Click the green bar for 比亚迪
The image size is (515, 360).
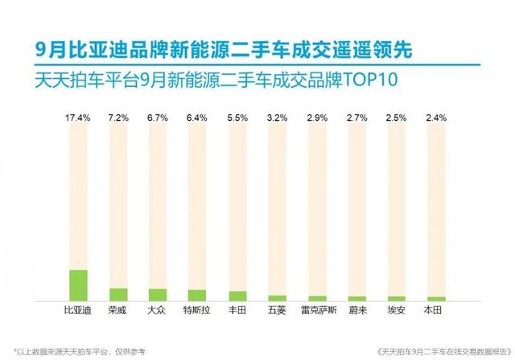click(79, 285)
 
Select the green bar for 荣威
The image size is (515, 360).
click(118, 294)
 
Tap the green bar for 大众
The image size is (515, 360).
click(158, 295)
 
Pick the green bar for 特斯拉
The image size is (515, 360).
click(197, 295)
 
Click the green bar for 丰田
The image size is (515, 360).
click(237, 296)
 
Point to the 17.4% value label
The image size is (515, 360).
click(78, 118)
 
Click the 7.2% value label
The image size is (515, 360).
click(118, 118)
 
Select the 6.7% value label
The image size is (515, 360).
click(158, 118)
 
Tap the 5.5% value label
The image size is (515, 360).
click(237, 118)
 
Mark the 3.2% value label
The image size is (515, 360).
click(277, 118)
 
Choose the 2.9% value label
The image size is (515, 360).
click(316, 118)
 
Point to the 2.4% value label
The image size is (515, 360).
click(436, 118)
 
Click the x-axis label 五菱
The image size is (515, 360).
click(277, 310)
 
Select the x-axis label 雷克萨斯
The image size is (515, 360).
click(316, 310)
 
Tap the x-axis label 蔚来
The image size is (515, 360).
click(356, 310)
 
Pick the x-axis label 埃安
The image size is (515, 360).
click(396, 310)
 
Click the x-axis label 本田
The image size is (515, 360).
click(436, 310)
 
